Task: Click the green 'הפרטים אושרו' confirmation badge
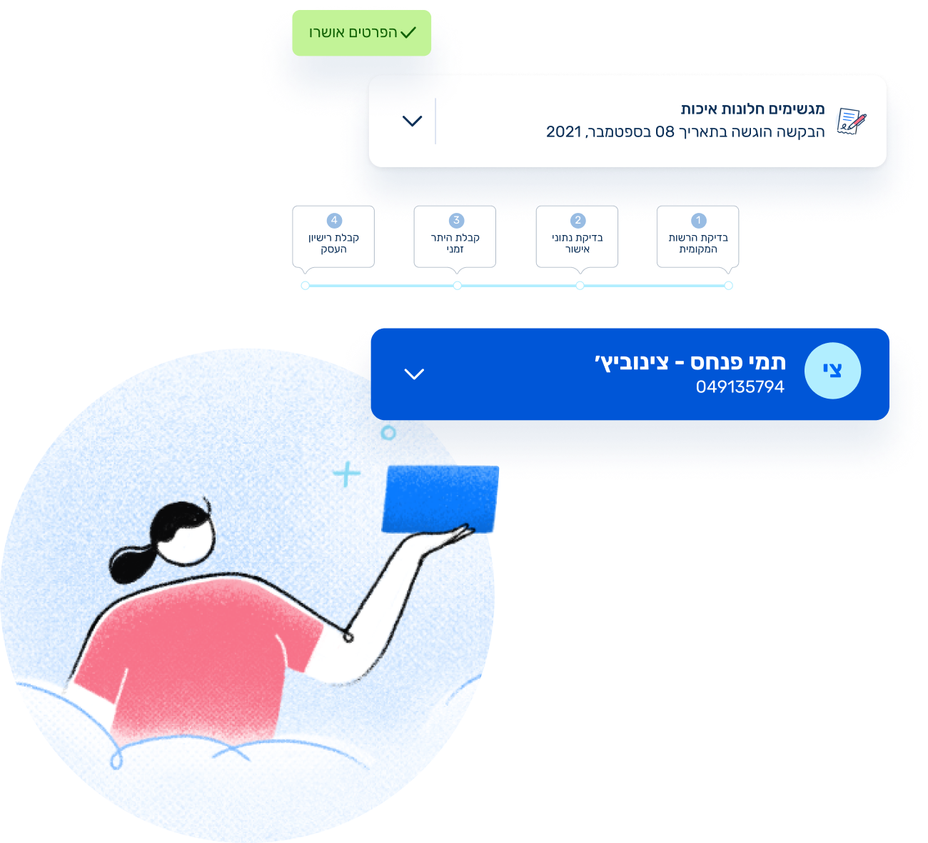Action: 361,33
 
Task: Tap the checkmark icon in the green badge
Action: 408,32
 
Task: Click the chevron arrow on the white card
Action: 412,121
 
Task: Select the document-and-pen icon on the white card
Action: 851,121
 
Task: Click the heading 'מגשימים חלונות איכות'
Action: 752,109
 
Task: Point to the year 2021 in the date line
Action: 564,131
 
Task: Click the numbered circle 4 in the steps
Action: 334,221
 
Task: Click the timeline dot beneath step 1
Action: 728,286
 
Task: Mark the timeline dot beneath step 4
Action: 306,286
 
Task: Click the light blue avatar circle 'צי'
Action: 832,371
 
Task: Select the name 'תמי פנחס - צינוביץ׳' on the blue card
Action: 690,362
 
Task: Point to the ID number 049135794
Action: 740,387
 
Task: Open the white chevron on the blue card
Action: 414,374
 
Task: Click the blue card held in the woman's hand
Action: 439,499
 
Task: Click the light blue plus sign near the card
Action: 347,474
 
